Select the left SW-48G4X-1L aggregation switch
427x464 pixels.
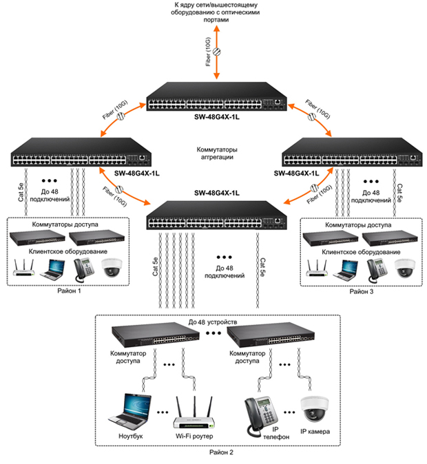pyautogui.click(x=79, y=151)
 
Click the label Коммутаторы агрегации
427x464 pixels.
pyautogui.click(x=214, y=152)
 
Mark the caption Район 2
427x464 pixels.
pyautogui.click(x=221, y=452)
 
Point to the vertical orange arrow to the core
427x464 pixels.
pyautogui.click(x=218, y=52)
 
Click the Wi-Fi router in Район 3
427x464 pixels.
pyautogui.click(x=319, y=268)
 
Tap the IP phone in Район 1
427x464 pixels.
pyautogui.click(x=85, y=268)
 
